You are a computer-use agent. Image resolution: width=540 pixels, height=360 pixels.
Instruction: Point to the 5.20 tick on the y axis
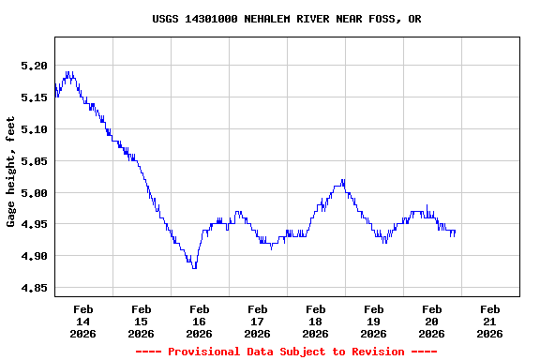click(x=34, y=66)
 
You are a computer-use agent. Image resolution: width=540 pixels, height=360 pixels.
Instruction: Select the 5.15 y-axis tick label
click(x=34, y=97)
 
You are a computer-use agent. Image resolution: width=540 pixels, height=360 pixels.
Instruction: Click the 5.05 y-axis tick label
click(x=34, y=161)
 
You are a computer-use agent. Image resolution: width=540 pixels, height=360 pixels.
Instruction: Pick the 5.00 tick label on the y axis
click(x=34, y=193)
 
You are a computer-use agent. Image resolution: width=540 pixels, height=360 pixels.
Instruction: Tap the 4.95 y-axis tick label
click(x=34, y=225)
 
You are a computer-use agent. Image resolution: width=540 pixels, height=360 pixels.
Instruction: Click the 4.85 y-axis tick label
click(x=34, y=289)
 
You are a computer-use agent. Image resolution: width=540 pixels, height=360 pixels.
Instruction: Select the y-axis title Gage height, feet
click(x=11, y=172)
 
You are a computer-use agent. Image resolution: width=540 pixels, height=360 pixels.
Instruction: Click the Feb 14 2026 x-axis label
click(x=82, y=321)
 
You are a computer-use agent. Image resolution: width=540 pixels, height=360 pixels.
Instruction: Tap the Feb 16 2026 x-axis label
click(x=199, y=321)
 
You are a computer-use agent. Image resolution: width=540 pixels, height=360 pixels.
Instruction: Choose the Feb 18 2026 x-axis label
click(x=315, y=321)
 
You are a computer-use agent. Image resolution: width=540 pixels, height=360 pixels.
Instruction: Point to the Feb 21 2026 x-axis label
click(x=489, y=321)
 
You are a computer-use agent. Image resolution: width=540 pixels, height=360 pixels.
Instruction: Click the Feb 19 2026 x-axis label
click(x=373, y=321)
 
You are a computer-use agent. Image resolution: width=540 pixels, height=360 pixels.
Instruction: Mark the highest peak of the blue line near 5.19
click(x=67, y=72)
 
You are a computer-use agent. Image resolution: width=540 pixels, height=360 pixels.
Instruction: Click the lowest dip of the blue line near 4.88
click(x=194, y=267)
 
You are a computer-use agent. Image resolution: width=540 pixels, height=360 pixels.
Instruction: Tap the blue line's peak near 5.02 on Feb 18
click(x=343, y=180)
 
